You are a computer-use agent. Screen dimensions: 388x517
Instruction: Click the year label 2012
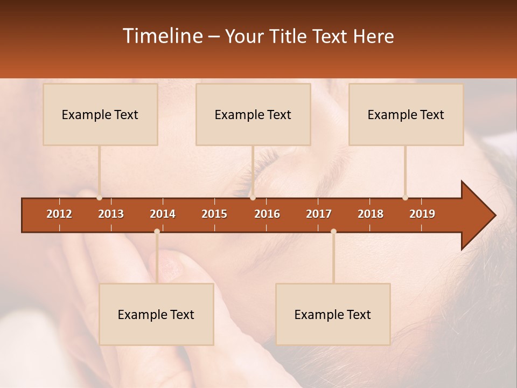coord(59,214)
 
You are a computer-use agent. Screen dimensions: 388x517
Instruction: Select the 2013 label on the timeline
coord(111,214)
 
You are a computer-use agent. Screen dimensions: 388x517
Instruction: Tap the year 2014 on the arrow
coord(163,214)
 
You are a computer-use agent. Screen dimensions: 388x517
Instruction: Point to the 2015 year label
coord(214,214)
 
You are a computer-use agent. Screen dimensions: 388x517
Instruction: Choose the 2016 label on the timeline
coord(267,214)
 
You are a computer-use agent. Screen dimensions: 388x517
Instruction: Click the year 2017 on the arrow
coord(319,214)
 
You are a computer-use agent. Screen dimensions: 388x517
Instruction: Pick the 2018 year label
coord(371,214)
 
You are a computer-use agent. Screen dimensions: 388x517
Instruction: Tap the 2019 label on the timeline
coord(422,214)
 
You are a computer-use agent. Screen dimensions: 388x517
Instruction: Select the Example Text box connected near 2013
coord(100,114)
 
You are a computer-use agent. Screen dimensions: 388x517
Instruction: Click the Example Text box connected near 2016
coord(253,114)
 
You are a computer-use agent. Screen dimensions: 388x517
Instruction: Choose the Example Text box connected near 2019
coord(406,114)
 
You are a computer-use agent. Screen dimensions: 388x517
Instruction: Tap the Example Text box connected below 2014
coord(156,314)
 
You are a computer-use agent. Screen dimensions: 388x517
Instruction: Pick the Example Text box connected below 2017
coord(333,314)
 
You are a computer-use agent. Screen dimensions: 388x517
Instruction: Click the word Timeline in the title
coord(162,36)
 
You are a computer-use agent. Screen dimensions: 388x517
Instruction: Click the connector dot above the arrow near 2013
coord(99,198)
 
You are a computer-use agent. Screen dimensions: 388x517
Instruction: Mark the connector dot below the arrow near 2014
coord(157,231)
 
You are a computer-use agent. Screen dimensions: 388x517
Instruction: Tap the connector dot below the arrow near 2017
coord(333,231)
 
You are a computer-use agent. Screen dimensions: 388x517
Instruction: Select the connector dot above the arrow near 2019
coord(405,198)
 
